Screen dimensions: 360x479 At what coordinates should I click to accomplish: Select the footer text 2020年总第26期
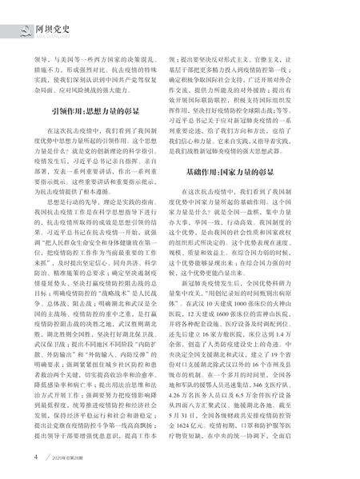(x=49, y=457)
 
